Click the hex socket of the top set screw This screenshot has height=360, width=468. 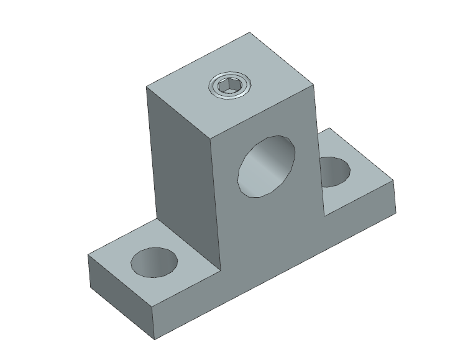point(229,86)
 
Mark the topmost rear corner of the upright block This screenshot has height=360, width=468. point(250,32)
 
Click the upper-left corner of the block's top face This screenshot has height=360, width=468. point(146,86)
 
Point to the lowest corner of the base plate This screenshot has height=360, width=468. point(154,339)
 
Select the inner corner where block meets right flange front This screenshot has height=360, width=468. point(323,215)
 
